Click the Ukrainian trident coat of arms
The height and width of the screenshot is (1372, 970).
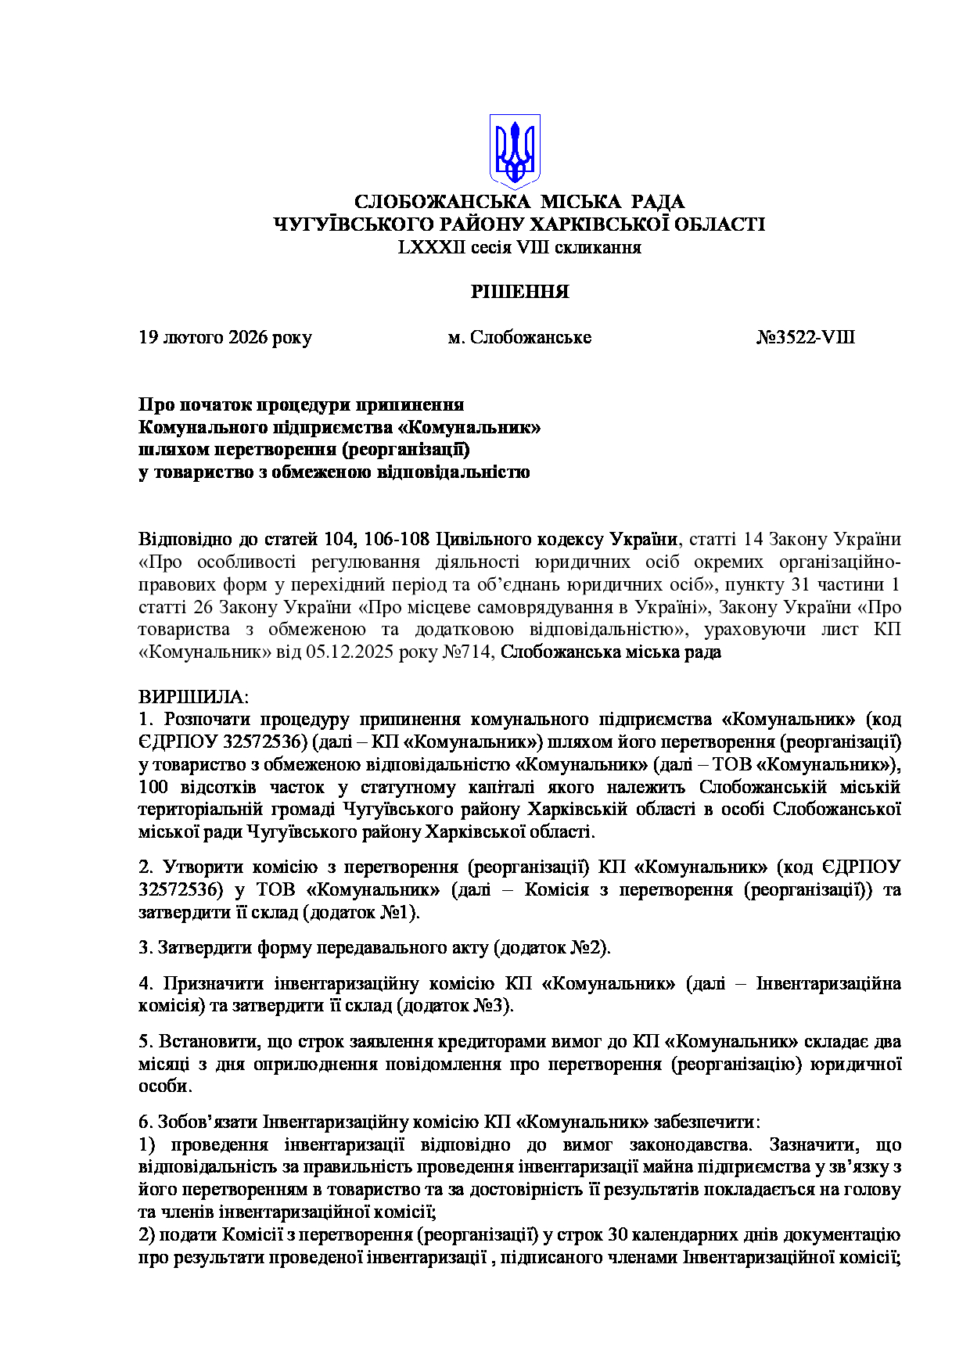click(x=514, y=150)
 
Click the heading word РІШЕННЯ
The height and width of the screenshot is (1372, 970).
click(x=519, y=293)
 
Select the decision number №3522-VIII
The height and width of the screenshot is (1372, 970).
click(x=805, y=338)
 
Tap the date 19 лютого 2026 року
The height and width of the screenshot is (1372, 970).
click(x=225, y=338)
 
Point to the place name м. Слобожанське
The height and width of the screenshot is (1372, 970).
click(x=519, y=338)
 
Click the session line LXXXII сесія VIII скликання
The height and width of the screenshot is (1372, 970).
click(x=519, y=248)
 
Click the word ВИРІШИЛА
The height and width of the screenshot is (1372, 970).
click(x=192, y=697)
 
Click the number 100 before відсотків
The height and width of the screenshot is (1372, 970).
click(x=153, y=787)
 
